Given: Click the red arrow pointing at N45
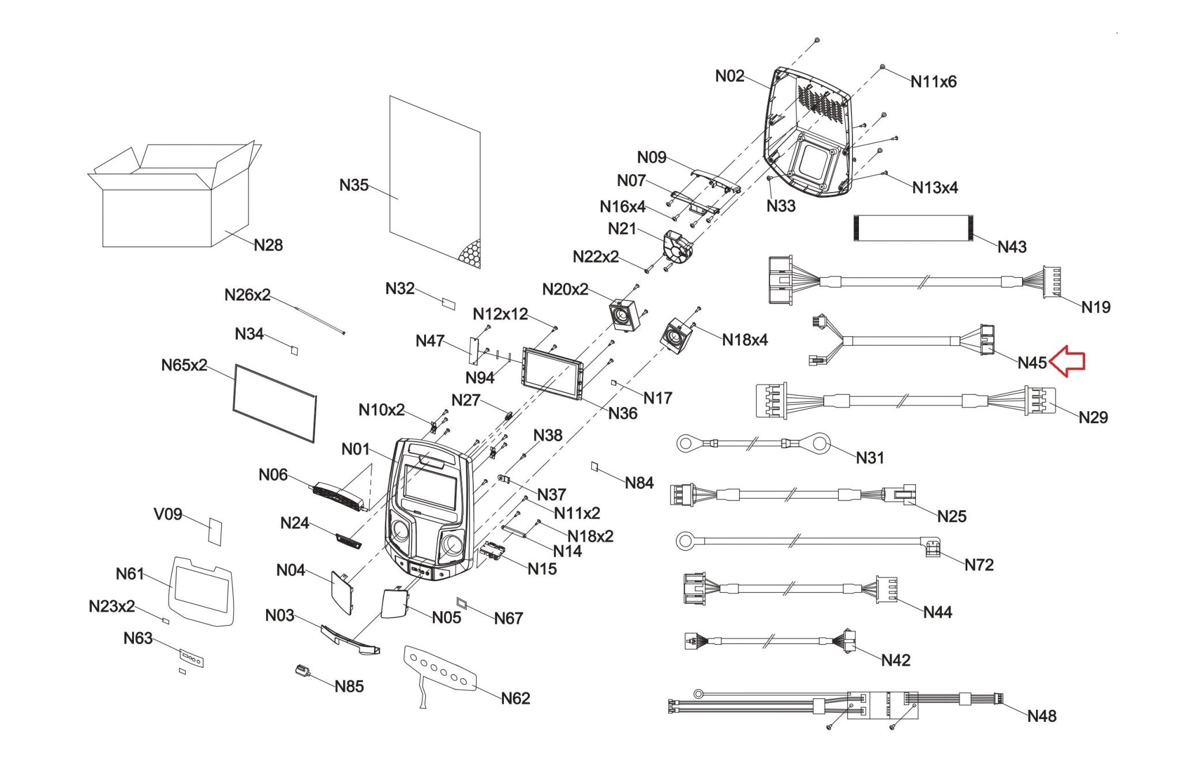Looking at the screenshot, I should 1067,362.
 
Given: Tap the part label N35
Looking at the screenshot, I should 353,185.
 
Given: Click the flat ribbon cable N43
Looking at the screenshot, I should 912,227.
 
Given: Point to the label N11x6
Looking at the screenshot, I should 933,82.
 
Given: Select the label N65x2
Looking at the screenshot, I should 184,365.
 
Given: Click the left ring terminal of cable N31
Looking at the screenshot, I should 685,443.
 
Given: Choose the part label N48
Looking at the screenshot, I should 1041,716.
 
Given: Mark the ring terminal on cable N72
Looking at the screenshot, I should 684,540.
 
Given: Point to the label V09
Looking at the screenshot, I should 168,514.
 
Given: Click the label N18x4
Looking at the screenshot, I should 745,340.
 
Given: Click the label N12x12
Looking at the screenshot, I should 500,314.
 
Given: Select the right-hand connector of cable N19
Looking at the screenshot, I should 1052,282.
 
